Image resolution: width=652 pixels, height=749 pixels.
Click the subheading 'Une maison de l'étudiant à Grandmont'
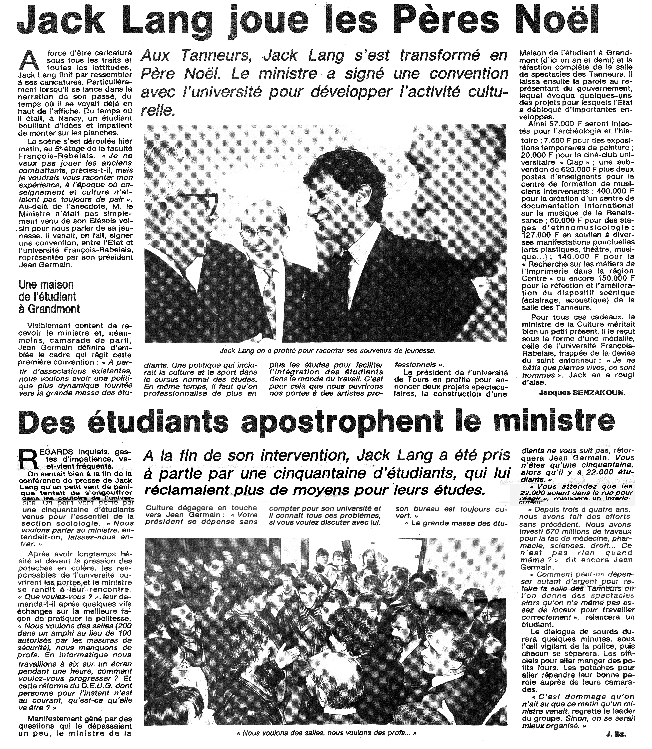tap(49, 297)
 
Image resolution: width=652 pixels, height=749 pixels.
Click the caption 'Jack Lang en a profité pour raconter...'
tap(327, 351)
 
